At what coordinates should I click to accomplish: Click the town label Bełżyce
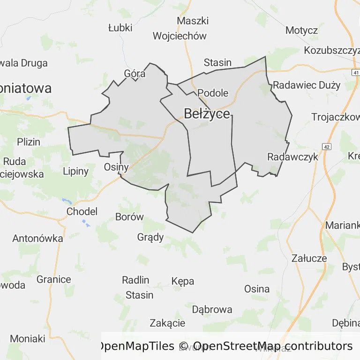coord(207,114)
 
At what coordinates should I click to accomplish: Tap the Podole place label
coord(213,93)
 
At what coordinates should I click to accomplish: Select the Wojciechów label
coord(180,36)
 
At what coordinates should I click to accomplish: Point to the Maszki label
coord(193,21)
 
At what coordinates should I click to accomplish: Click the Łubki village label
coord(120,28)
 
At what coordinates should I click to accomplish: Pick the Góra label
coord(135,74)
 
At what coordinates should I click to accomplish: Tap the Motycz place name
coord(302,30)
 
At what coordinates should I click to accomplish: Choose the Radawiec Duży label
coord(307,85)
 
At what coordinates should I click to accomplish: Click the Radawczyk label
coord(292,157)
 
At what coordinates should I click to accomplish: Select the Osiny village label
coord(116,167)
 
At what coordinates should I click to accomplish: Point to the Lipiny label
coord(75,171)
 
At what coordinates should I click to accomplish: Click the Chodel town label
coord(82,211)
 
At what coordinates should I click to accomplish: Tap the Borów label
coord(129,217)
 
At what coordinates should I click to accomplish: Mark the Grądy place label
coord(150,237)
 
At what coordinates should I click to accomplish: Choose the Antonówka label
coord(37,238)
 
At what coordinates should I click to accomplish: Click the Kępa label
coord(183,281)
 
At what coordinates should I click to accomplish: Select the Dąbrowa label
coord(212,309)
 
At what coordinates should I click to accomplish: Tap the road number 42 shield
coord(327,147)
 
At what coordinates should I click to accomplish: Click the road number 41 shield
coord(356,73)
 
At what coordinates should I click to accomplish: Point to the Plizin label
coord(29,142)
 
